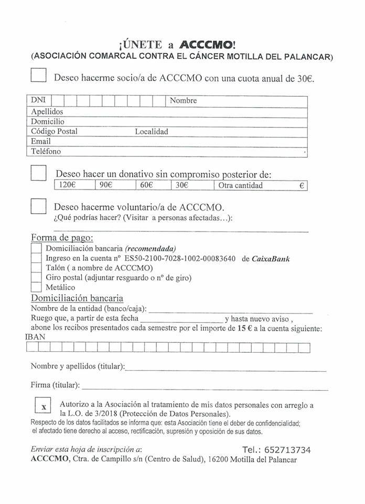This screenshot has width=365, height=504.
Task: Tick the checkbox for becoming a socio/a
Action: tap(39, 76)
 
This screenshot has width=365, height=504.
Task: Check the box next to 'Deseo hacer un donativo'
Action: tap(39, 173)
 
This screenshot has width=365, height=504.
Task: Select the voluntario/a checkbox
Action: tap(39, 205)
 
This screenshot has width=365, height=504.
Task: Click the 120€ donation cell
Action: tap(74, 185)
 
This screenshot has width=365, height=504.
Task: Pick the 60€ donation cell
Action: tap(152, 185)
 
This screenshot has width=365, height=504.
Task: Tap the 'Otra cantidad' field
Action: tap(260, 185)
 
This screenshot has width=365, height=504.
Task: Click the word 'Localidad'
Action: tap(152, 131)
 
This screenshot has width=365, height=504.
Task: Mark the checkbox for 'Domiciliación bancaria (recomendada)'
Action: tap(36, 248)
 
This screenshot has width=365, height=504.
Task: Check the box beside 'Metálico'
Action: tap(36, 287)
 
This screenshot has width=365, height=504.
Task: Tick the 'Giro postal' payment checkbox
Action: tap(36, 278)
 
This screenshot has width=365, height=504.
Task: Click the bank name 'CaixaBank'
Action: tap(271, 258)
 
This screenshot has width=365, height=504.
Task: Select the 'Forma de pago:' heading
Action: tap(62, 237)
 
